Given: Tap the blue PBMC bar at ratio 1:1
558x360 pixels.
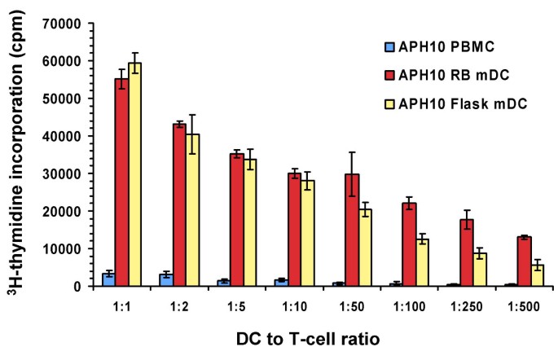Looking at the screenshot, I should pos(108,279).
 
